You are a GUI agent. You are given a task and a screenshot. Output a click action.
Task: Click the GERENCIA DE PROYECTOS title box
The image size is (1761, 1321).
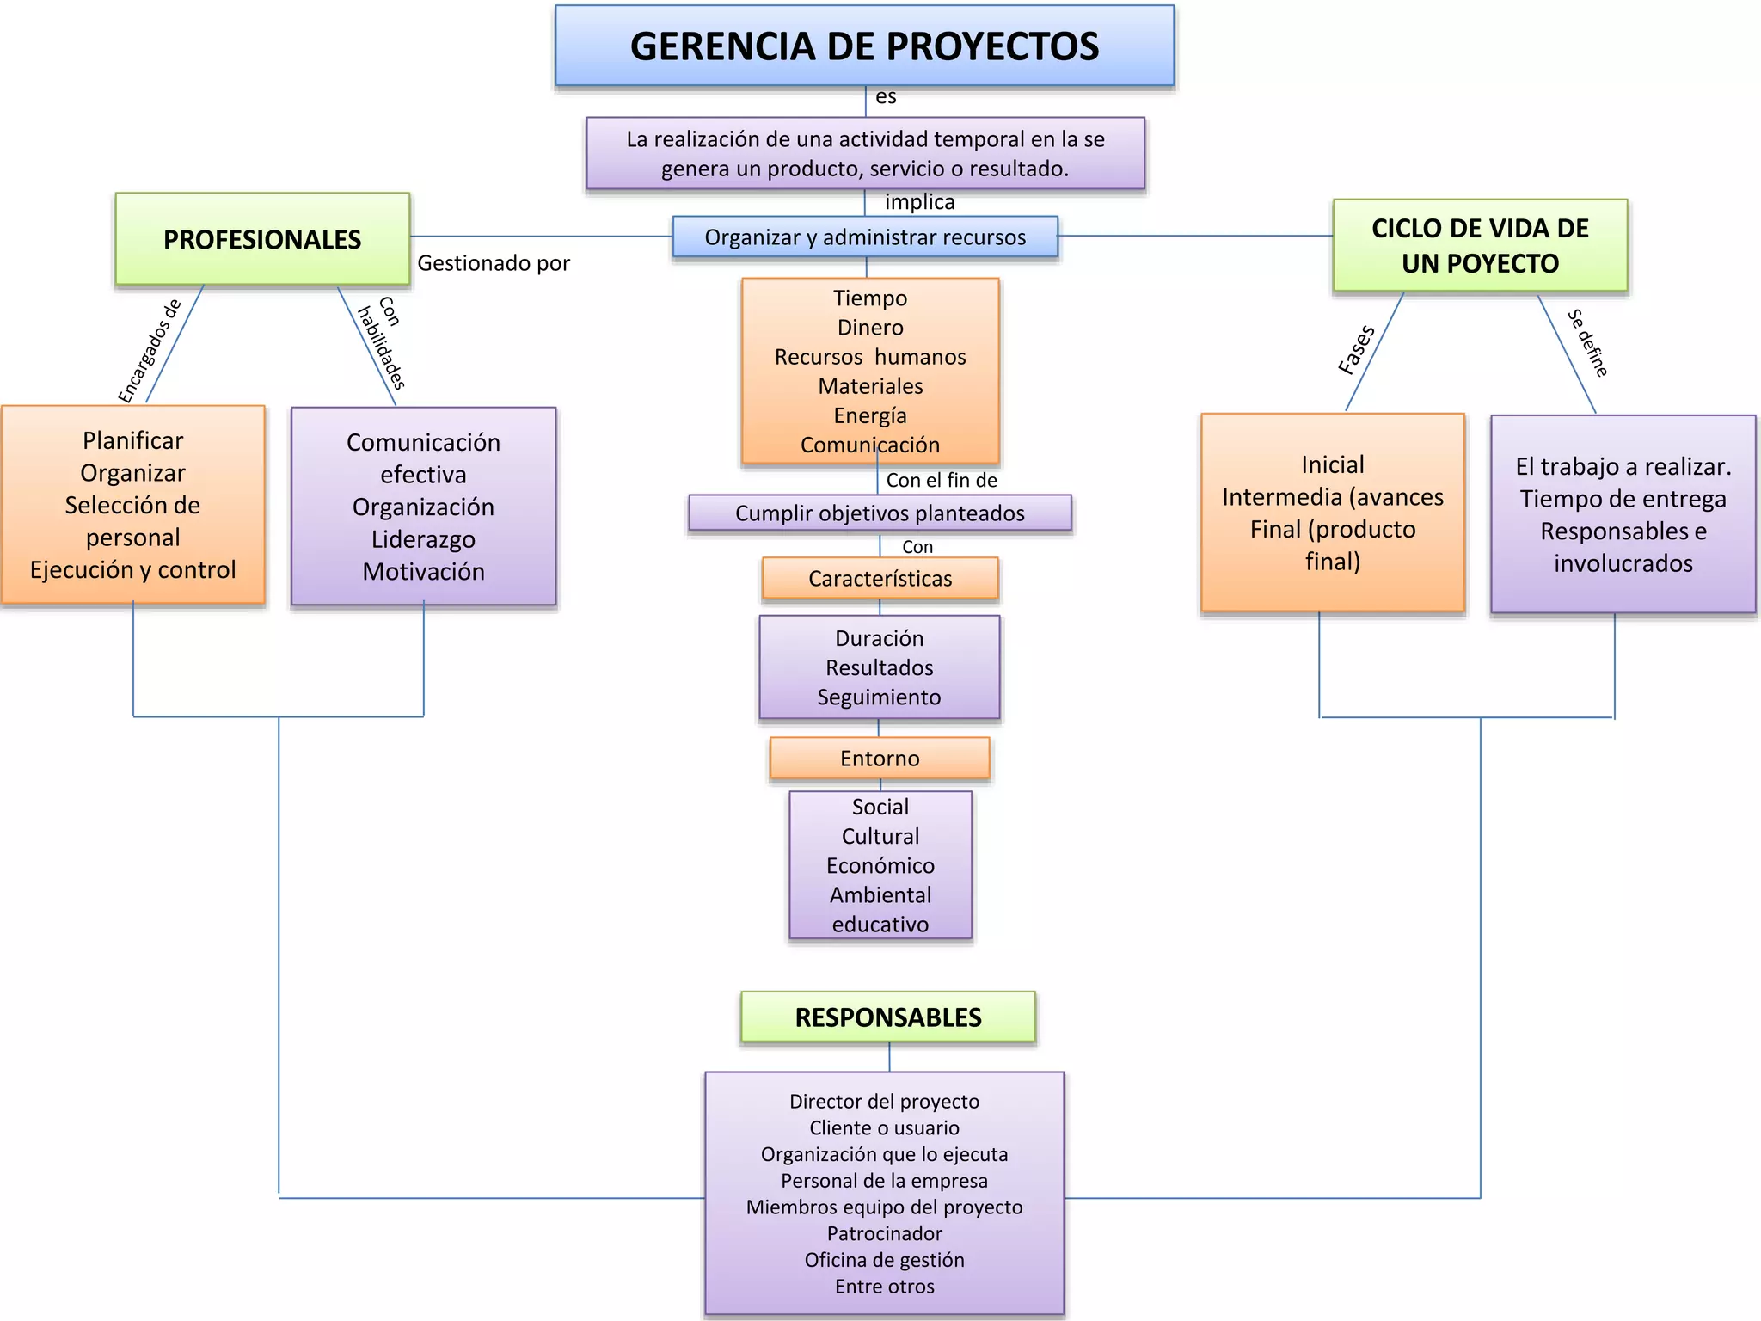pyautogui.click(x=864, y=46)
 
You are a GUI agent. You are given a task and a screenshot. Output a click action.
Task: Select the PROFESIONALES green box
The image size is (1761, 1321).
pyautogui.click(x=262, y=239)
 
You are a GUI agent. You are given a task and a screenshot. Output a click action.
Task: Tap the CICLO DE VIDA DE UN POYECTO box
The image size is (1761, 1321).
pyautogui.click(x=1480, y=245)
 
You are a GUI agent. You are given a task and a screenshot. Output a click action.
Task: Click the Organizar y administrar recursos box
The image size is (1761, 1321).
pyautogui.click(x=865, y=237)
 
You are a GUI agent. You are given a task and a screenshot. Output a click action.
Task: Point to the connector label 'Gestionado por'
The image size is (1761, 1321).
pyautogui.click(x=494, y=263)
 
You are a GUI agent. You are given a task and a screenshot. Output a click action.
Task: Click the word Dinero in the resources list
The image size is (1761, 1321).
pyautogui.click(x=870, y=328)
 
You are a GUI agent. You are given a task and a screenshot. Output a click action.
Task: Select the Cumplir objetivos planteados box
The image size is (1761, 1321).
pyautogui.click(x=880, y=513)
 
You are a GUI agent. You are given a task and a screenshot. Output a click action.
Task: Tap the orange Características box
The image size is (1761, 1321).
pyautogui.click(x=880, y=579)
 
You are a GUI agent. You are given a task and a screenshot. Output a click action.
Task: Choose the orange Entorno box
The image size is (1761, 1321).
pyautogui.click(x=880, y=759)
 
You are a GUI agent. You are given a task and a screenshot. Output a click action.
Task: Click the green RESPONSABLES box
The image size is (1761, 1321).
pyautogui.click(x=887, y=1017)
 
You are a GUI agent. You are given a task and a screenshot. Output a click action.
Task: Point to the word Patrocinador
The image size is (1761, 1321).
pyautogui.click(x=884, y=1233)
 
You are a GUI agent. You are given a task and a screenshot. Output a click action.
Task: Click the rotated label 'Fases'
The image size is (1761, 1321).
pyautogui.click(x=1357, y=349)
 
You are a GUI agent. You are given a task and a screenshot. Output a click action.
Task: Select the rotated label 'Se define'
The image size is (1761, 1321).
pyautogui.click(x=1587, y=342)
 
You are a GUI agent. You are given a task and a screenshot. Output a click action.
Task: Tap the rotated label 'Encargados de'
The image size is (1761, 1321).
pyautogui.click(x=150, y=351)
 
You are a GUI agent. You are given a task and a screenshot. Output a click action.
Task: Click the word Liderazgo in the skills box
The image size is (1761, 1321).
pyautogui.click(x=423, y=539)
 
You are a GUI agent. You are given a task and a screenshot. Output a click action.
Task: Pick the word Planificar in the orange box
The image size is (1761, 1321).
pyautogui.click(x=133, y=440)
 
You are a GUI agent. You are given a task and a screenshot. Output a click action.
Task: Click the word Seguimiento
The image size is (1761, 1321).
pyautogui.click(x=879, y=697)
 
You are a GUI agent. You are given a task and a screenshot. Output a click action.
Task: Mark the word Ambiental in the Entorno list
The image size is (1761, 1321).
pyautogui.click(x=880, y=895)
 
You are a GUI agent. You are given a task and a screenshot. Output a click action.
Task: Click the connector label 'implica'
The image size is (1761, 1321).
pyautogui.click(x=919, y=202)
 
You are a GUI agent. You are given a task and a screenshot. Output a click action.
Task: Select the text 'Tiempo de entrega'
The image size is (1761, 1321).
pyautogui.click(x=1623, y=499)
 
